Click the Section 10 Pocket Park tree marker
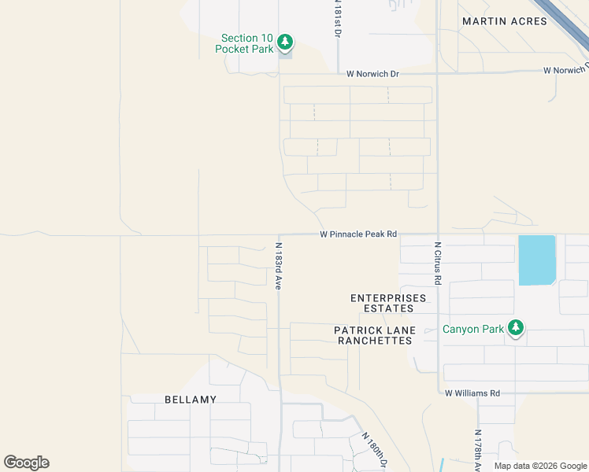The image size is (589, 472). (286, 42)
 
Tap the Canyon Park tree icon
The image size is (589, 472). (516, 327)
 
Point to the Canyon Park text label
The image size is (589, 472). (472, 330)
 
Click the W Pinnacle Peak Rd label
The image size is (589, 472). (357, 234)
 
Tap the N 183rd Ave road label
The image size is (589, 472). (278, 266)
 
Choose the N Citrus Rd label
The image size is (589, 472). (438, 264)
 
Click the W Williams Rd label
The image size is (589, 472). (472, 393)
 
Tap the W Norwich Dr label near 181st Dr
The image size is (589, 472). (372, 74)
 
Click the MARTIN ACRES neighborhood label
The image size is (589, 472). (505, 21)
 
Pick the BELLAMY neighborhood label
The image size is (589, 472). (191, 400)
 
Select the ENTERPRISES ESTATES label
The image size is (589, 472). (388, 303)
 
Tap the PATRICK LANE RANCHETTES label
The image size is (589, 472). (374, 335)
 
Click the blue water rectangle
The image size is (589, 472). (537, 260)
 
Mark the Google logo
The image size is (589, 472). (26, 463)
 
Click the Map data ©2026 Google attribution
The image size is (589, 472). (541, 466)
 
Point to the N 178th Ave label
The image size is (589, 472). (478, 448)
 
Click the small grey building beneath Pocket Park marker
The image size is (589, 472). (286, 54)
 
